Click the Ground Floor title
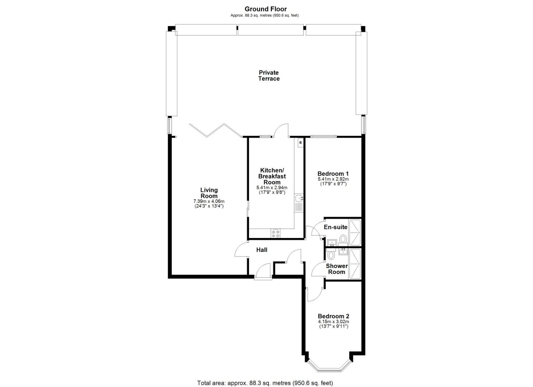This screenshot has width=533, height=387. (x=266, y=9)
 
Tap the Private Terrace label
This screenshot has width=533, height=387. (x=269, y=76)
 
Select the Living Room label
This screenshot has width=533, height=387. (x=209, y=193)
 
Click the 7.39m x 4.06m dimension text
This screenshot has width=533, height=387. (x=209, y=201)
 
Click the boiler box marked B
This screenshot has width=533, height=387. (x=300, y=143)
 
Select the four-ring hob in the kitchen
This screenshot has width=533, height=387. (x=276, y=233)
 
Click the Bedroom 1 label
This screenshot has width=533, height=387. (x=333, y=173)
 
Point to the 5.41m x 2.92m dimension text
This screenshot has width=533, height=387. (x=333, y=179)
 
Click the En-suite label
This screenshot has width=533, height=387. (x=336, y=227)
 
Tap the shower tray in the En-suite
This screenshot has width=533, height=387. (x=355, y=232)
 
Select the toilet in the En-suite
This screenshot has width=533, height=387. (x=343, y=239)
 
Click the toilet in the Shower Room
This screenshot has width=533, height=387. (x=331, y=255)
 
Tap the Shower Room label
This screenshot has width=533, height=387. (x=337, y=269)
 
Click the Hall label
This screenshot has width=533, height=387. (x=262, y=250)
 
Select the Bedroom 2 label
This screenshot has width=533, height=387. (x=333, y=316)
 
